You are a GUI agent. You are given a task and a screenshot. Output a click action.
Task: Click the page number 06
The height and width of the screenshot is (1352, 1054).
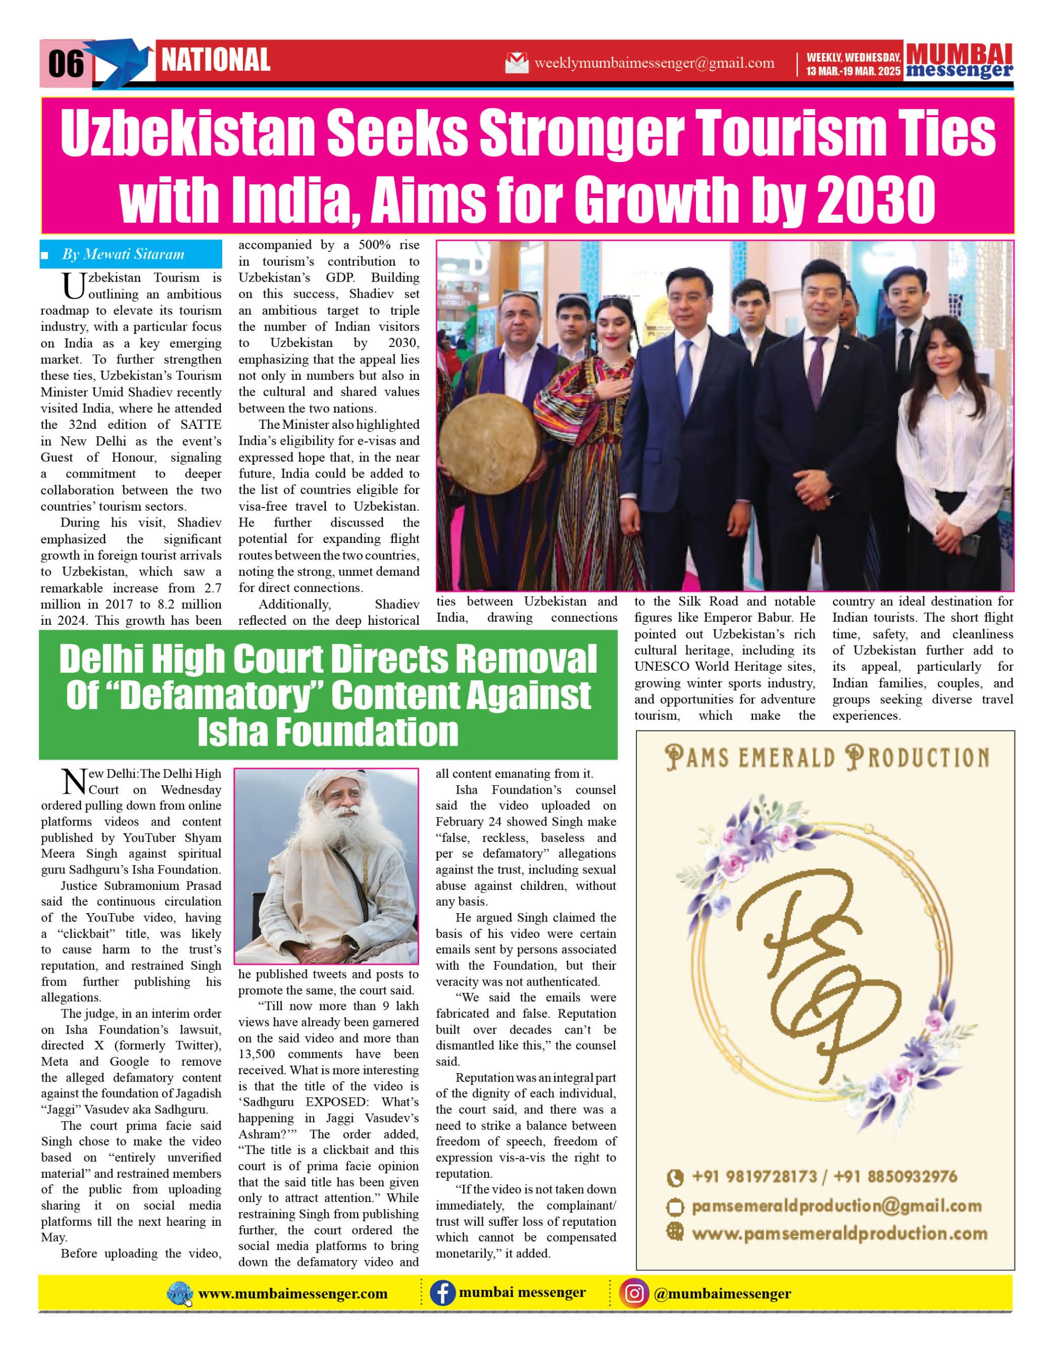coord(65,64)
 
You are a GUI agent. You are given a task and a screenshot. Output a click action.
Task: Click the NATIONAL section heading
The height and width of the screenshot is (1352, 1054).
coord(215,61)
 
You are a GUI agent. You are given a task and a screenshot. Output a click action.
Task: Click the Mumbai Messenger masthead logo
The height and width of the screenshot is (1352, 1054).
coord(959,61)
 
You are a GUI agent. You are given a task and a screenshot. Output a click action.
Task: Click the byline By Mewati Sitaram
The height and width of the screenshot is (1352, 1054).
coord(123,255)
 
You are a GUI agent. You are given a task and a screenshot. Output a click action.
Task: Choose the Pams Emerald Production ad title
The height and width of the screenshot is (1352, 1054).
coord(827,758)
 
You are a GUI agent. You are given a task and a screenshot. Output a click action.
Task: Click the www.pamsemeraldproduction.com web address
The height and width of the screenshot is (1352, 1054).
coord(839,1234)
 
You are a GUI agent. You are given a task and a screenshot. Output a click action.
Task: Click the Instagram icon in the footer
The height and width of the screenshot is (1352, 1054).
coord(634,1293)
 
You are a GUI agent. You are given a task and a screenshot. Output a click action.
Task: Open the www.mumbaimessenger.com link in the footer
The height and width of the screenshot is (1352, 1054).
coord(293,1294)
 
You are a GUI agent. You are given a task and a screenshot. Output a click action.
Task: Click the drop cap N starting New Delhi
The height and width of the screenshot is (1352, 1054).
coord(74,781)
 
